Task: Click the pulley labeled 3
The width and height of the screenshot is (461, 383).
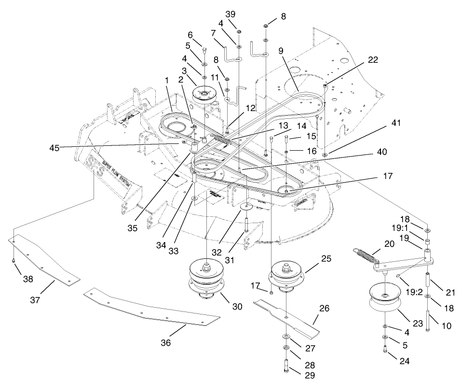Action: [204, 92]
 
